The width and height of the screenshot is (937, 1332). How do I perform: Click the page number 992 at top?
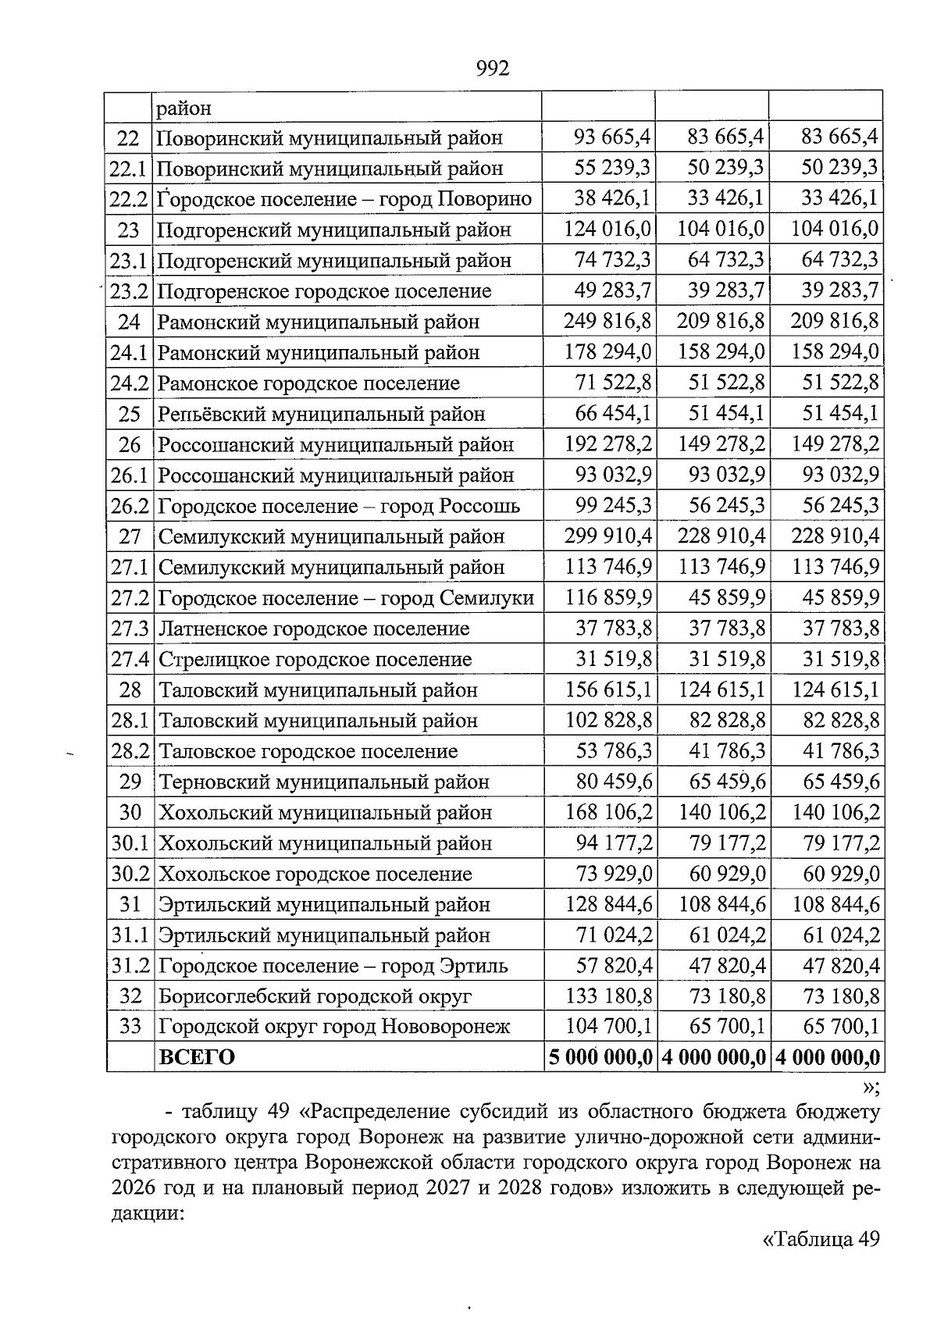(492, 69)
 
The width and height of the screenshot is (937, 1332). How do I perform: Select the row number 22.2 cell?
(129, 199)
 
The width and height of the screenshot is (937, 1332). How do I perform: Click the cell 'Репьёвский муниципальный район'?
(321, 414)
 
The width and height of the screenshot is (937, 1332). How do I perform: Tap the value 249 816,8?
(607, 322)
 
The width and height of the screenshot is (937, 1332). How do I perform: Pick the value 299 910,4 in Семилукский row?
(607, 536)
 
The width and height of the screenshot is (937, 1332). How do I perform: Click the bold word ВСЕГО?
(197, 1057)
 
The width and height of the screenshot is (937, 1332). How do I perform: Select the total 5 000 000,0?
(600, 1057)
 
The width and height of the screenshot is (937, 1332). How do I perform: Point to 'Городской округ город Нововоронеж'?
(334, 1026)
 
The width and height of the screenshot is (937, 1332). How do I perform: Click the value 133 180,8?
(607, 996)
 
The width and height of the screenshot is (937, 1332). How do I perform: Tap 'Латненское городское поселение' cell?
(314, 629)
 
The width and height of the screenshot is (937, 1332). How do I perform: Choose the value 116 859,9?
(607, 598)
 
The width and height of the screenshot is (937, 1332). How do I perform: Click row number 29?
(130, 782)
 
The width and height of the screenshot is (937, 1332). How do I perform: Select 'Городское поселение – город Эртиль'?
(333, 966)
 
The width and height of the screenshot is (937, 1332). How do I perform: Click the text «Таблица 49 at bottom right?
(820, 1238)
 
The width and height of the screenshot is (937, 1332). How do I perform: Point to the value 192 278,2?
(607, 444)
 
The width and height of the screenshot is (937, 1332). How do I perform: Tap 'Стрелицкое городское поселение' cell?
(315, 660)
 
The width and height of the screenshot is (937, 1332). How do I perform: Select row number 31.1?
(130, 935)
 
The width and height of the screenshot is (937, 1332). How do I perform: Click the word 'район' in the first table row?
(184, 108)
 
